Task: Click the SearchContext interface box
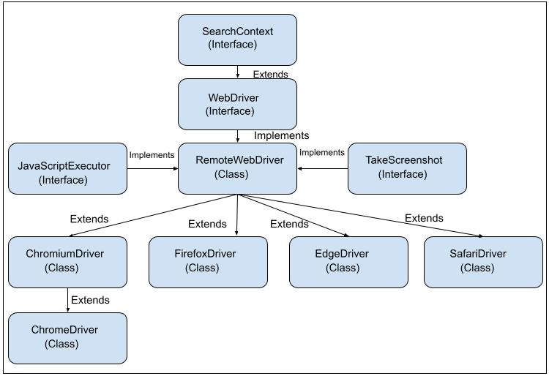pyautogui.click(x=238, y=39)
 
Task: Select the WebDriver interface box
pyautogui.click(x=238, y=104)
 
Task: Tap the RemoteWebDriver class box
pyautogui.click(x=238, y=168)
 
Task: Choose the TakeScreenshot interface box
pyautogui.click(x=406, y=168)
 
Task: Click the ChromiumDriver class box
pyautogui.click(x=67, y=262)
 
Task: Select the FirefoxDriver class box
pyautogui.click(x=208, y=262)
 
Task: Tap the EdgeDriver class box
pyautogui.click(x=348, y=262)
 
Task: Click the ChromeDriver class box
pyautogui.click(x=67, y=337)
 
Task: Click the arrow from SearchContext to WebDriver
pyautogui.click(x=238, y=72)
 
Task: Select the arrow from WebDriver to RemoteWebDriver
pyautogui.click(x=238, y=136)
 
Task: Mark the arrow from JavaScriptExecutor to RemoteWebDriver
pyautogui.click(x=153, y=168)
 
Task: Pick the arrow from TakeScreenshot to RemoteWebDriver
pyautogui.click(x=322, y=168)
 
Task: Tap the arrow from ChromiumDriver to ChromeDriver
pyautogui.click(x=67, y=300)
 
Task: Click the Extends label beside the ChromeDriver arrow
pyautogui.click(x=90, y=300)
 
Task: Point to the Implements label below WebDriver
pyautogui.click(x=281, y=135)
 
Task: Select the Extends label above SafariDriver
pyautogui.click(x=424, y=218)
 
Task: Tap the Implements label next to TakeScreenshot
pyautogui.click(x=322, y=152)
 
